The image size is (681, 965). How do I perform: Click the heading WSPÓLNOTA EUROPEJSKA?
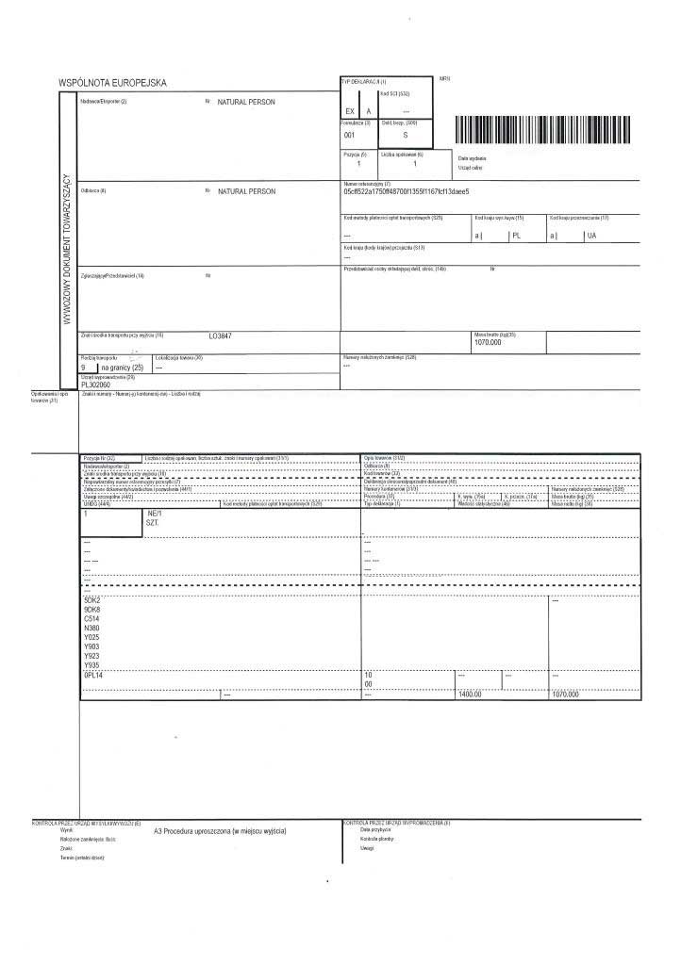[x=113, y=83]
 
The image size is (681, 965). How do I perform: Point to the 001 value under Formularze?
[x=350, y=136]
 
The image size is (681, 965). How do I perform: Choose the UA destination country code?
[x=592, y=236]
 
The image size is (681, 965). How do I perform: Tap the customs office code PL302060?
[x=96, y=384]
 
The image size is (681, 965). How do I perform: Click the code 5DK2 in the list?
[x=92, y=600]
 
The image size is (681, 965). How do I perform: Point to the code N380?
[x=91, y=629]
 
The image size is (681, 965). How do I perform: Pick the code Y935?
[x=91, y=665]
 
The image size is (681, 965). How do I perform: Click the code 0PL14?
[x=93, y=676]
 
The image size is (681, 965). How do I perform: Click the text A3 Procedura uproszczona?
[x=219, y=831]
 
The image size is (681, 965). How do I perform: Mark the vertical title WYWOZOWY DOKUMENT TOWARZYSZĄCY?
[x=67, y=247]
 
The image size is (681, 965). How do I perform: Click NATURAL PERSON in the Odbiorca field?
[x=246, y=191]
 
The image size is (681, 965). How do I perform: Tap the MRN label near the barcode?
[x=445, y=78]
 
